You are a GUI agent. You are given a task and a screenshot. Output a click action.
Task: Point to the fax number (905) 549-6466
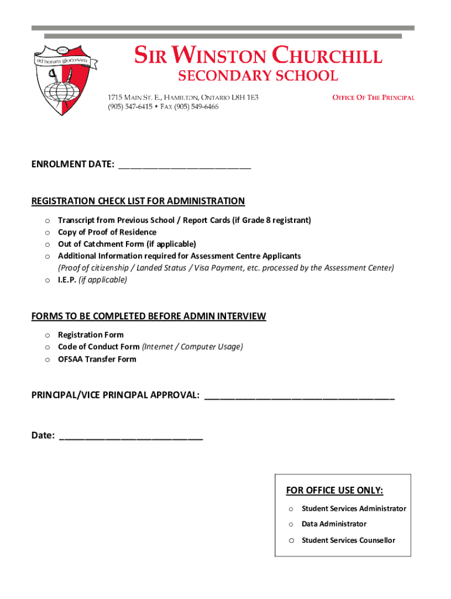coord(195,107)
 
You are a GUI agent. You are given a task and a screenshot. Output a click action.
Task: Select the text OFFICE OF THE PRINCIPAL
coord(373,98)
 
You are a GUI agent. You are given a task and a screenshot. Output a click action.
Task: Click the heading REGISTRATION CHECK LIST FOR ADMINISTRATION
coord(138,201)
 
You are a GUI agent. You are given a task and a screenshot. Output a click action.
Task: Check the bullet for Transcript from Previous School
coord(46,221)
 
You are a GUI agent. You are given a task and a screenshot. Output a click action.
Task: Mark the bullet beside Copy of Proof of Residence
coord(46,233)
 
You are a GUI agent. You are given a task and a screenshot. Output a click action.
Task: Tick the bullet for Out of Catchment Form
coord(46,245)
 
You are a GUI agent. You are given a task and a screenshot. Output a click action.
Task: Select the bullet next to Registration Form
coord(46,335)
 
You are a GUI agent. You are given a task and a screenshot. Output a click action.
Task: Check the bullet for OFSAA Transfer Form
coord(46,360)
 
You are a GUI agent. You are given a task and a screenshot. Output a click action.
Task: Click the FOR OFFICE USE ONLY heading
coord(334,490)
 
